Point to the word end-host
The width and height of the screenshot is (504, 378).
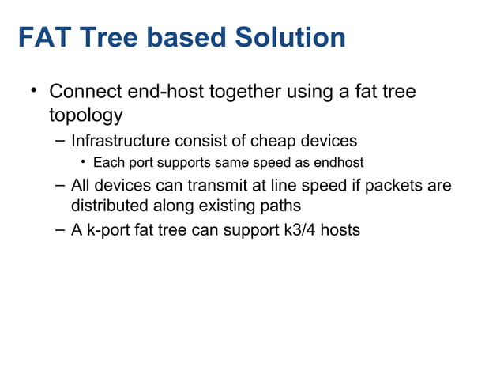pos(166,93)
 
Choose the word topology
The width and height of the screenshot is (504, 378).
pos(85,115)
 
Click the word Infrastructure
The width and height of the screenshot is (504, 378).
pos(120,142)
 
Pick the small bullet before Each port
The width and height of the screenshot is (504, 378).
pos(83,164)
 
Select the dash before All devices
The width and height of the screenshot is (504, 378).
pos(60,187)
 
